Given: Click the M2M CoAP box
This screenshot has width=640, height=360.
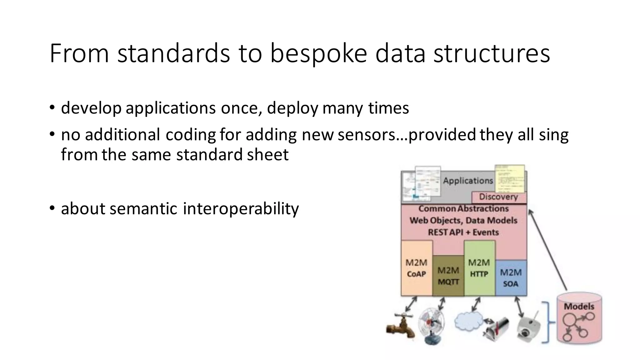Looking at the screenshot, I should (x=416, y=268).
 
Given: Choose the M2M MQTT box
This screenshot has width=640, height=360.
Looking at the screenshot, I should (x=448, y=276).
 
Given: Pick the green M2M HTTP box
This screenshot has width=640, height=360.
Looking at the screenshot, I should (x=479, y=268).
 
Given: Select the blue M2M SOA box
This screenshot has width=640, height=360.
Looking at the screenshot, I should (x=511, y=278).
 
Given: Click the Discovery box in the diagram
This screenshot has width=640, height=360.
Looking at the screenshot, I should (x=498, y=197).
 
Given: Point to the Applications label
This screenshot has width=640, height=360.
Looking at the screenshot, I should (x=468, y=181).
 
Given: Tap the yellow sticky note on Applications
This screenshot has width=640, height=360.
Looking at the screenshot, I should (x=509, y=179).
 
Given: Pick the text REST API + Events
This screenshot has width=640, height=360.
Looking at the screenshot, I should (x=463, y=232).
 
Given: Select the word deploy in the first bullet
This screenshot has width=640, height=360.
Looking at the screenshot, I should (x=292, y=108).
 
